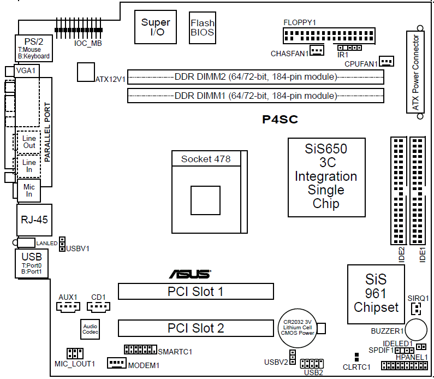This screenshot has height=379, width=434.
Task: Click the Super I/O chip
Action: [x=156, y=27]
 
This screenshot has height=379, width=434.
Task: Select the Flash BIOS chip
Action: [x=202, y=28]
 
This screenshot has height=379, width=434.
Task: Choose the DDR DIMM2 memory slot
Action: [x=255, y=76]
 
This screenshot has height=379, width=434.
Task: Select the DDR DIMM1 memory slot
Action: [x=255, y=96]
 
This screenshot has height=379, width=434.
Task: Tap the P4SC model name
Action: [x=279, y=120]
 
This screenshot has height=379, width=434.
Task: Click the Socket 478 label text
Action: [x=206, y=159]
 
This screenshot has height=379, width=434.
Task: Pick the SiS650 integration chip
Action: [x=326, y=176]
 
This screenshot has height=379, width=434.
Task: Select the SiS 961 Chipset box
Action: [x=376, y=294]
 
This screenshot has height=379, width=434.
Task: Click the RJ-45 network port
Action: [x=33, y=220]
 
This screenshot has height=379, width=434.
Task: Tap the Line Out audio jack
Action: [x=29, y=142]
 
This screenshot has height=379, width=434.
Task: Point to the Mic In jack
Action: [x=29, y=191]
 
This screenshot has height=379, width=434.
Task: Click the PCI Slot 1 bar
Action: [x=195, y=291]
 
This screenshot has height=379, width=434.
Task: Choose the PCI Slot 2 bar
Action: [x=195, y=328]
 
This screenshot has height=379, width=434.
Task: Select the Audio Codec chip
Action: [x=90, y=330]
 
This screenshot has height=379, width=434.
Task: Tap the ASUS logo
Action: [x=189, y=274]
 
